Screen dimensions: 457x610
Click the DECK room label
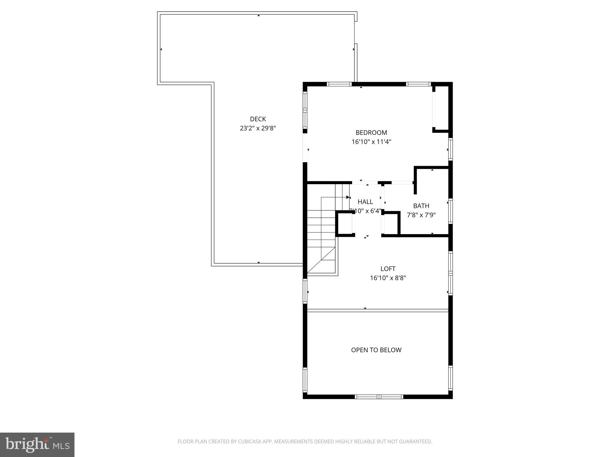coord(258,119)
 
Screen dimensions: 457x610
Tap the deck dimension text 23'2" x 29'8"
coord(258,128)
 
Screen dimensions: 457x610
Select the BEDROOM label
coord(371,132)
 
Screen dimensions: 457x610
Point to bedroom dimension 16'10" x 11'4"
coord(371,142)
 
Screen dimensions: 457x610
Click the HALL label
coord(365,202)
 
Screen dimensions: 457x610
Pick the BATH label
coord(421,206)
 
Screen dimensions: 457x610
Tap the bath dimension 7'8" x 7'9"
coord(421,215)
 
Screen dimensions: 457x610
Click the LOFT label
coord(388,269)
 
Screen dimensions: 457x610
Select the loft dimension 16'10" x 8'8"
coord(388,278)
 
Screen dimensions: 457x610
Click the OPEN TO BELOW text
coord(376,350)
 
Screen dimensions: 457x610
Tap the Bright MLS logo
coord(37,445)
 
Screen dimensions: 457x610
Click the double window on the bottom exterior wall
coord(379,397)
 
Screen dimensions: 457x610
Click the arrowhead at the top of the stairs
coord(348,197)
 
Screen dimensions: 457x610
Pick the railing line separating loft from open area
coord(377,310)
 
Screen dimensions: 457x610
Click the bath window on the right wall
coord(450,211)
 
